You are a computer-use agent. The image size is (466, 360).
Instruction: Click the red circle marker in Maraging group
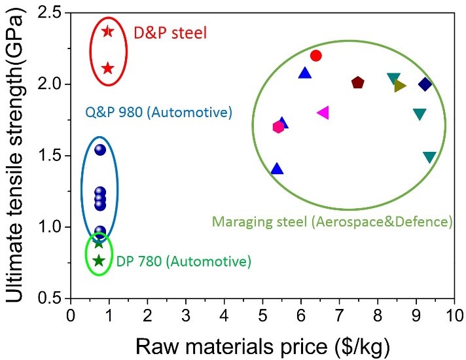(x=315, y=56)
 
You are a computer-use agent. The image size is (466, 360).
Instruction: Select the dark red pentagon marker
(x=357, y=82)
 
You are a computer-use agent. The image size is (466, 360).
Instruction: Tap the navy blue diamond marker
(x=425, y=84)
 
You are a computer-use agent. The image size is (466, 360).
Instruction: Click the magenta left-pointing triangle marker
(x=323, y=113)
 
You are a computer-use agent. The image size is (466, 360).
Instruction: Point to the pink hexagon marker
(x=279, y=127)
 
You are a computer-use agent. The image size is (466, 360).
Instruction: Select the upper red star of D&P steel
(x=108, y=31)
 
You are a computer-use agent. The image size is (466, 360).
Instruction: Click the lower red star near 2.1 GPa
(x=108, y=68)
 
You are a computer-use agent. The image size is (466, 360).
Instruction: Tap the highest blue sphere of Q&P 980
(x=100, y=149)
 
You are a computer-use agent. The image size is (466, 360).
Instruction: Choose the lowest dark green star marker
(x=99, y=261)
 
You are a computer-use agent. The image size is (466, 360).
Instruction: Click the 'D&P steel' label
(x=170, y=31)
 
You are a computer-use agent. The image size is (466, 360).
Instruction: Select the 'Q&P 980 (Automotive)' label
(x=159, y=112)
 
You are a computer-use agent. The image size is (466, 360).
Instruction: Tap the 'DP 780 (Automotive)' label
(x=184, y=262)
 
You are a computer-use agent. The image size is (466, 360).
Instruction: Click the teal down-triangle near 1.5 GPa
(x=429, y=158)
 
